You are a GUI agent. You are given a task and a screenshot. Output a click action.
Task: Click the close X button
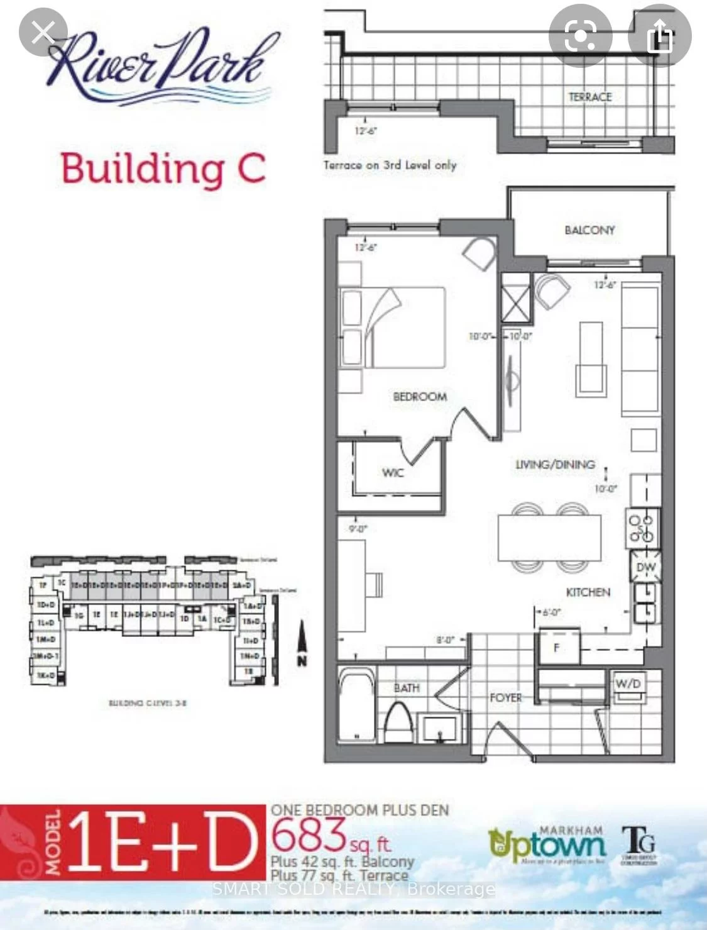click(x=43, y=32)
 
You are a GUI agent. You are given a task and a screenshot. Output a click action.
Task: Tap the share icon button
click(x=659, y=35)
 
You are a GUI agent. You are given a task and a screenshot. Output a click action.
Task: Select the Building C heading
click(x=163, y=169)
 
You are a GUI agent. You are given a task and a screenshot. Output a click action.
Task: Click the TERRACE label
click(x=589, y=97)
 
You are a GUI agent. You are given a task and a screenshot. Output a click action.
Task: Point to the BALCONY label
click(x=589, y=230)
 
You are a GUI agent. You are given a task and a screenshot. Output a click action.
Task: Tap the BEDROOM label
click(x=420, y=397)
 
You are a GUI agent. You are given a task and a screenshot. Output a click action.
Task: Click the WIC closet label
click(x=393, y=472)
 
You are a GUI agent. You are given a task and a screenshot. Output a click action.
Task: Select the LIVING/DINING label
click(x=555, y=465)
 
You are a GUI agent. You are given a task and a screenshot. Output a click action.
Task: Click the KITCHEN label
click(x=588, y=592)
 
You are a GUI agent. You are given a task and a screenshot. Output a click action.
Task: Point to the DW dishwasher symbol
click(x=645, y=567)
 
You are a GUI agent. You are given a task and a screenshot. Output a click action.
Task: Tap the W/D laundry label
click(x=628, y=684)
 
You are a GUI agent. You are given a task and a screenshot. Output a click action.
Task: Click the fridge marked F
click(x=557, y=648)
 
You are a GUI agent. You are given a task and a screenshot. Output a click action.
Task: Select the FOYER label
click(x=505, y=697)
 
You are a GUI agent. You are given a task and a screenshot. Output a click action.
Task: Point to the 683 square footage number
click(x=309, y=834)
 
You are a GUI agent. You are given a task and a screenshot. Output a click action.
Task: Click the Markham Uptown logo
click(x=547, y=844)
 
